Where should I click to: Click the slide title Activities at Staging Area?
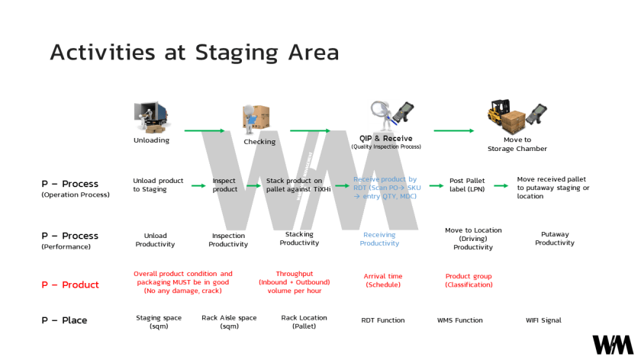pos(194,52)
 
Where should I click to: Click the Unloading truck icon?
pos(151,117)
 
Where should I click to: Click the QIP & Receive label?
pos(385,139)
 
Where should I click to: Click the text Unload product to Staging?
pos(158,185)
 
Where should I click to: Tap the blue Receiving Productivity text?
pos(379,239)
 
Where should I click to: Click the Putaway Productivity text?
pos(555,239)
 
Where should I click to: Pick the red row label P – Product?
pos(70,284)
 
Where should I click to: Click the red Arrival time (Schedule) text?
pos(383,280)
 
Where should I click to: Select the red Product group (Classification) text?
pos(469,280)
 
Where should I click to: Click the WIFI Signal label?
pos(543,320)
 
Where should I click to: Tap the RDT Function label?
pos(382,320)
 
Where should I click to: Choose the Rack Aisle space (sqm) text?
pos(229,321)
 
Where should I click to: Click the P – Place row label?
pos(64,320)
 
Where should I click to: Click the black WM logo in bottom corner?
pos(612,345)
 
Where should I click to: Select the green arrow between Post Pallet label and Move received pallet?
pos(501,185)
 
